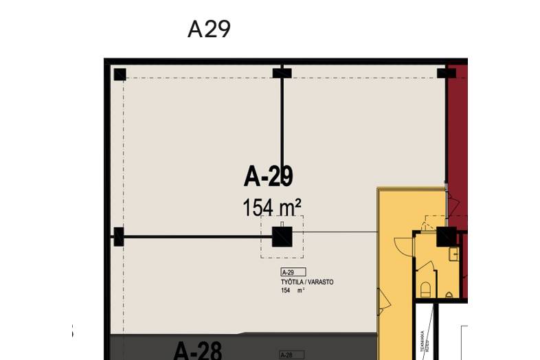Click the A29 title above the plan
point(209,29)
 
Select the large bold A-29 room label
point(269,177)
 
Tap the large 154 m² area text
point(272,206)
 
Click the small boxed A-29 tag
point(293,272)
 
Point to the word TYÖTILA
point(293,282)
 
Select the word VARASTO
point(320,282)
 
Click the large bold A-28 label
point(197,350)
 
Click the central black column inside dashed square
point(282,237)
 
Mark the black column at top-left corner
point(120,74)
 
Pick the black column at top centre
point(282,74)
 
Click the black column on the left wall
point(118,237)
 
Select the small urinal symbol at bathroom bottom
point(449,295)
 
